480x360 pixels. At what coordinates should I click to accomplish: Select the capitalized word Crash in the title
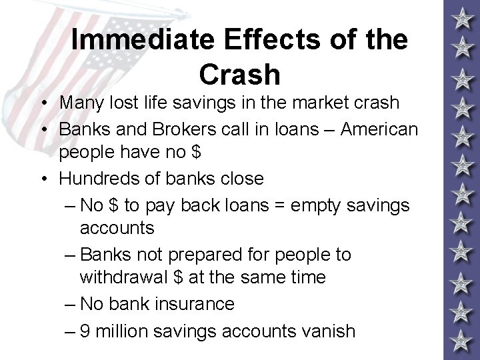(239, 75)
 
